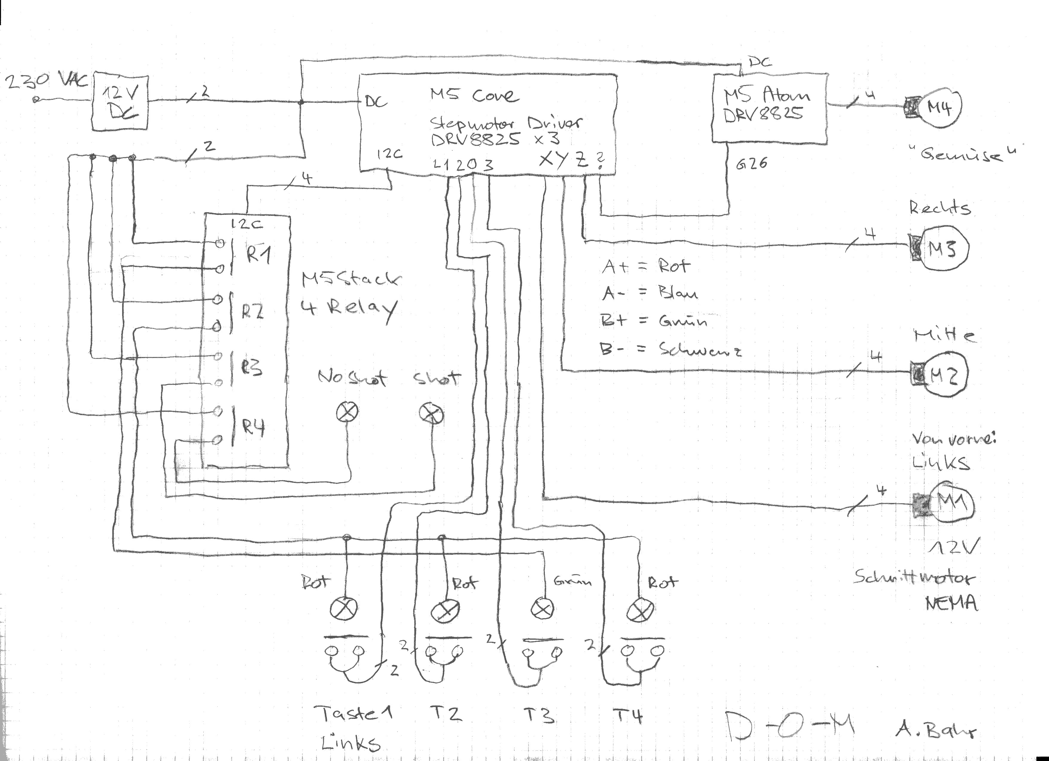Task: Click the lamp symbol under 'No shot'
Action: coord(347,412)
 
